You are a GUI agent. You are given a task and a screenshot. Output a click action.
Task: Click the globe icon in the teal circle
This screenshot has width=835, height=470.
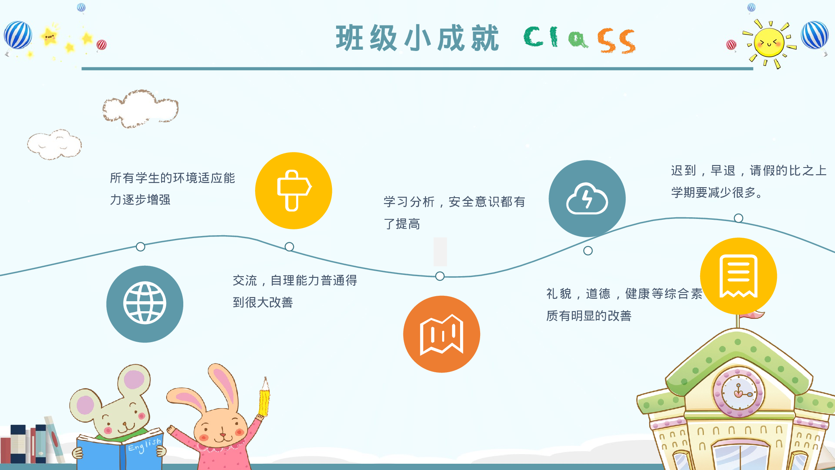144,303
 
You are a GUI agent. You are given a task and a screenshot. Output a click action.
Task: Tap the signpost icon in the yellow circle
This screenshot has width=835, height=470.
294,191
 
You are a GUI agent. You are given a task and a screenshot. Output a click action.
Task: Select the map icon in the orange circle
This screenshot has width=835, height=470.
441,334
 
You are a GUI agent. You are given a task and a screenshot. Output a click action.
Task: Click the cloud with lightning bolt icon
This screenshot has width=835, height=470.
587,199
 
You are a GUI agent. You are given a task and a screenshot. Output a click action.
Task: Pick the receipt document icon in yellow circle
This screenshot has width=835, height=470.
738,276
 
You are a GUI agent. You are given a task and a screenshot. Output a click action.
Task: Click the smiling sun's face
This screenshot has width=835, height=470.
769,43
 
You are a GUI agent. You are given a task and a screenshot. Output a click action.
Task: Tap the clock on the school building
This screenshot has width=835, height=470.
738,392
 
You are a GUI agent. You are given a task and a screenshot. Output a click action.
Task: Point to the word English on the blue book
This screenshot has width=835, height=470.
144,445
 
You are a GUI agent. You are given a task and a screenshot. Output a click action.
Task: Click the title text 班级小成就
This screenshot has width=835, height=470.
417,38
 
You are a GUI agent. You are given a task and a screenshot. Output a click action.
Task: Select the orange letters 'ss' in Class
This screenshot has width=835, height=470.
617,41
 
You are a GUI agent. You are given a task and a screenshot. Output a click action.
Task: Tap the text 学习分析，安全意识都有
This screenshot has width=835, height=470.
454,202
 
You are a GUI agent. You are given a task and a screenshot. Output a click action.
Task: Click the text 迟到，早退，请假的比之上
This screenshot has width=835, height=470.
748,171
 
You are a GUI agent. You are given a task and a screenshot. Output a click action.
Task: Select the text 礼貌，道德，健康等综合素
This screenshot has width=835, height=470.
624,294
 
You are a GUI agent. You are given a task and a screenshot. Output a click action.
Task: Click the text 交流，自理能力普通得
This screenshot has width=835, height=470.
295,281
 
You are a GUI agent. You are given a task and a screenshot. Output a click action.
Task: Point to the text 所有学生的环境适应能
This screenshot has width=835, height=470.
172,178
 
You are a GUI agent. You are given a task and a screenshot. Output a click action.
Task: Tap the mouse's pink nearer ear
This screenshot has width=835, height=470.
86,405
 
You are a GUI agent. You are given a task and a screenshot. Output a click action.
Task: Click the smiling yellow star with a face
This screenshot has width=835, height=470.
49,37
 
